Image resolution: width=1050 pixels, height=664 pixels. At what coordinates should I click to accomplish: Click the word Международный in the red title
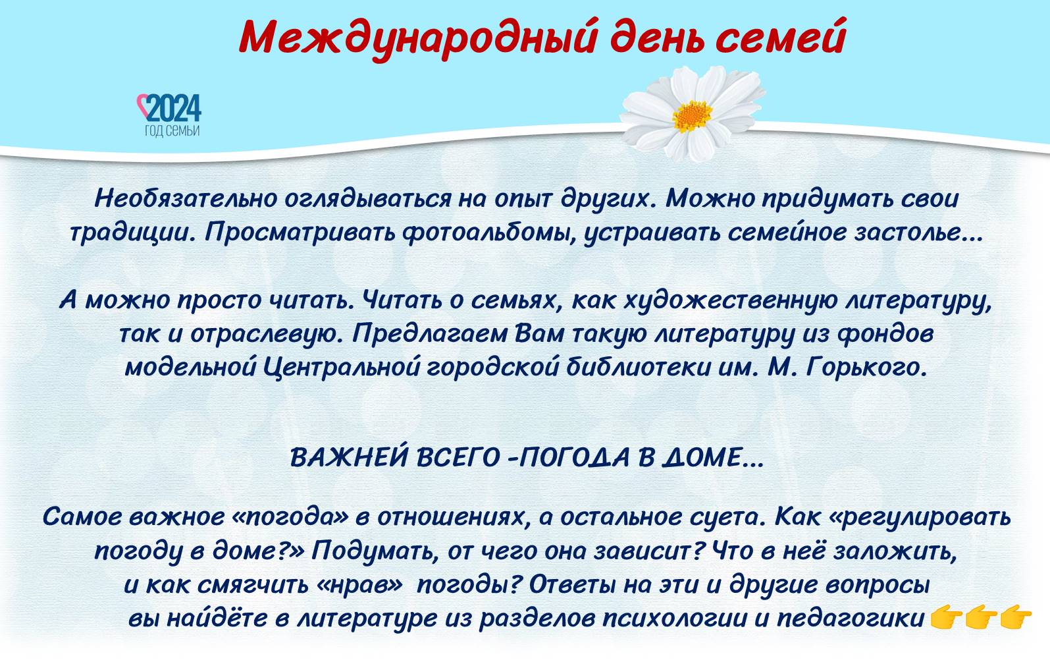418,38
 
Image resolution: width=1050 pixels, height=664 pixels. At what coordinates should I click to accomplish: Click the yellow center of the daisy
692,115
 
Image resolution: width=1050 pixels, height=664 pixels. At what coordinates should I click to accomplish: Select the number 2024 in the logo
174,108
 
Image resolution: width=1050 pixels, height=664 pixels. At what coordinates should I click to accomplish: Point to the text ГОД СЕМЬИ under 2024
172,131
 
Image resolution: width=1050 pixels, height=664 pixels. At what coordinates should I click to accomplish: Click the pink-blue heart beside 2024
142,105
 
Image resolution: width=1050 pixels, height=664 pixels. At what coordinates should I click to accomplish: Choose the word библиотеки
639,368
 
